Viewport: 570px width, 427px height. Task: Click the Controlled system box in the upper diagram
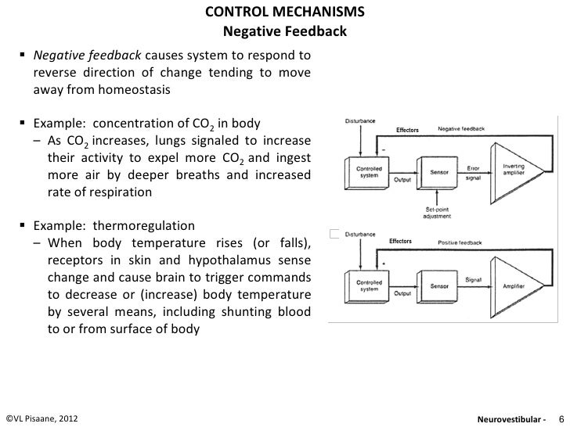(x=369, y=170)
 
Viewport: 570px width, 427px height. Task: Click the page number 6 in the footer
(x=560, y=418)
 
